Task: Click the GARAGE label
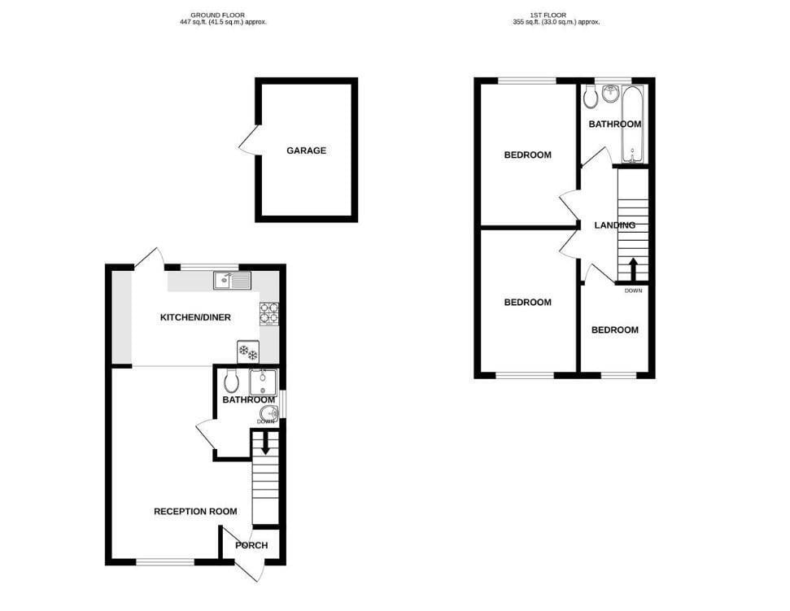(306, 151)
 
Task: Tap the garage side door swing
(248, 140)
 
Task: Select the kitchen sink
(233, 281)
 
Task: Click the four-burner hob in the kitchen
(269, 312)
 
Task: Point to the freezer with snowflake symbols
(247, 352)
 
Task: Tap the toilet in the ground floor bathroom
(231, 381)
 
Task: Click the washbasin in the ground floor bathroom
(271, 415)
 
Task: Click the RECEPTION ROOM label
(195, 512)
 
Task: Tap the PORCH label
(251, 545)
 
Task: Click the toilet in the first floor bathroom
(590, 98)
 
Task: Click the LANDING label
(614, 225)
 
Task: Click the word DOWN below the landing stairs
(634, 290)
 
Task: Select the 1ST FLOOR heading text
(553, 15)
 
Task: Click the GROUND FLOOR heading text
(217, 15)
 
